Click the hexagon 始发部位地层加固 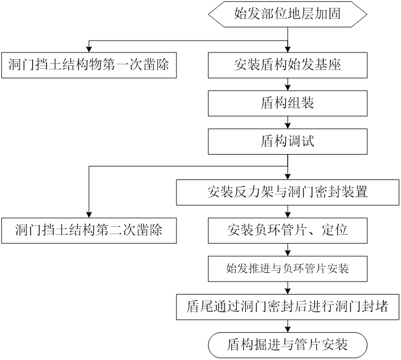tap(288, 14)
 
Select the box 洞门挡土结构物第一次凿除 tap(89, 65)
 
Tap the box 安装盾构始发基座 tap(288, 65)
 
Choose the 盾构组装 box tap(288, 103)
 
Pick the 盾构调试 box tap(288, 141)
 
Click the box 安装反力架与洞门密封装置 tap(288, 192)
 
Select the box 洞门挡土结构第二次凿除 tap(89, 230)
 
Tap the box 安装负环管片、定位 tap(288, 230)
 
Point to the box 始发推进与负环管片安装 tap(288, 267)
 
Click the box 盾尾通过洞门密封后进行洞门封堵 tap(288, 306)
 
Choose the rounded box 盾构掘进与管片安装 tap(288, 344)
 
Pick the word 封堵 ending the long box tap(374, 306)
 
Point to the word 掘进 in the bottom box tap(267, 344)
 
